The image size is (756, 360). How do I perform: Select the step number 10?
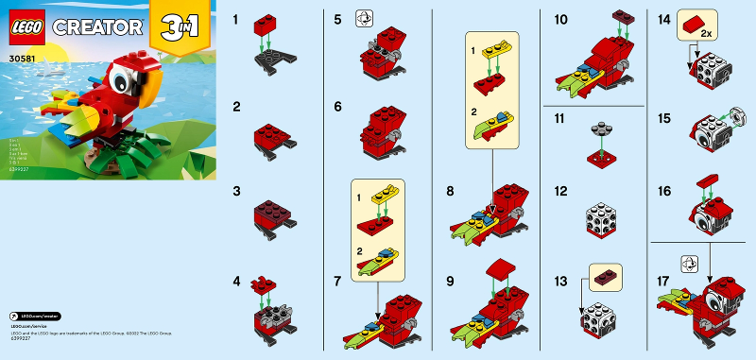point(559,18)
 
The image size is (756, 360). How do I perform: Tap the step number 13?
point(560,283)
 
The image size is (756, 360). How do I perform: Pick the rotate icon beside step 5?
point(363,19)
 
